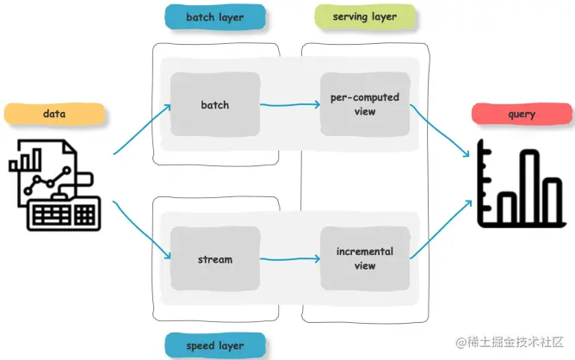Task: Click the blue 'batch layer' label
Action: tap(214, 16)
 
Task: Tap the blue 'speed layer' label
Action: tap(214, 345)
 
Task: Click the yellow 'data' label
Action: tap(54, 114)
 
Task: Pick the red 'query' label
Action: tap(522, 114)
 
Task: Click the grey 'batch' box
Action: tap(215, 104)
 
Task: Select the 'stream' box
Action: tap(215, 258)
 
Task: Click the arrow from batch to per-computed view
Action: tap(289, 106)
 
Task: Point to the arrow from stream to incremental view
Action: tap(289, 258)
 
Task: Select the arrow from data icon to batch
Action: tap(142, 129)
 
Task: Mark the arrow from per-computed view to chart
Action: tap(441, 131)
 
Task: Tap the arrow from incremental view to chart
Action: tap(441, 231)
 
